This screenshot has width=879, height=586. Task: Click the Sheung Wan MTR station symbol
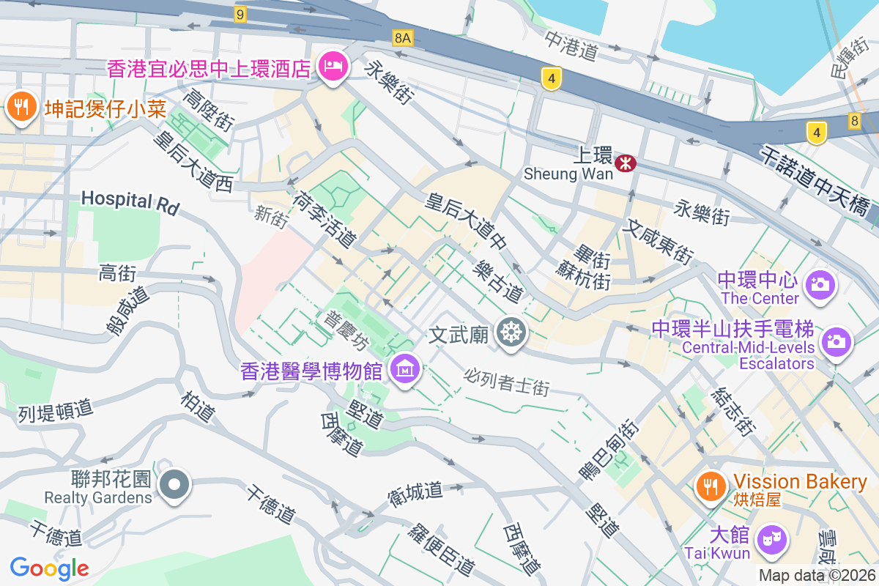(625, 163)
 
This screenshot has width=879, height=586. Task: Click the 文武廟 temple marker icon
(510, 333)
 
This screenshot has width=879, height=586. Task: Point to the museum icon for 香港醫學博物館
(404, 369)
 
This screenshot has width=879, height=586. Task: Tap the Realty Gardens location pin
(175, 486)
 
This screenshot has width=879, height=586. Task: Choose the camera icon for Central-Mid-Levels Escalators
(835, 341)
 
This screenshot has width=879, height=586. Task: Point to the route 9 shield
(240, 13)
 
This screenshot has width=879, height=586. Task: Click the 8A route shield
(402, 37)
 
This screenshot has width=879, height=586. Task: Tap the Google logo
(49, 568)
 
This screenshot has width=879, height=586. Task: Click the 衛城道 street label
(415, 492)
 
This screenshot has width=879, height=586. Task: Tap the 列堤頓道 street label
(56, 409)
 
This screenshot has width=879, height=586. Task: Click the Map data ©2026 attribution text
(817, 576)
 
